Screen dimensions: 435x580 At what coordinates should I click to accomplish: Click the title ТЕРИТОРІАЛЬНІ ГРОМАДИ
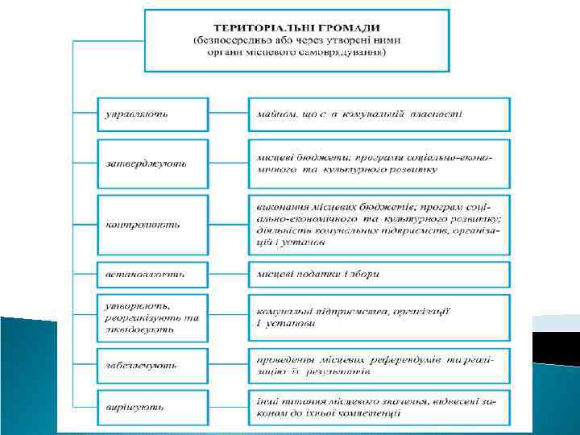pos(296,28)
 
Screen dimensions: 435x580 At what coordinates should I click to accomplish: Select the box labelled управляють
pos(153,114)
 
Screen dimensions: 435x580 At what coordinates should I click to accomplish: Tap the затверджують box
pos(153,163)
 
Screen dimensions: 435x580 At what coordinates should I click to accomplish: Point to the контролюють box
pos(153,224)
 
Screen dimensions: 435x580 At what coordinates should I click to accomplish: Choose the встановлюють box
pos(153,274)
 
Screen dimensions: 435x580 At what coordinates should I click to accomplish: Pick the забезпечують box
pos(153,365)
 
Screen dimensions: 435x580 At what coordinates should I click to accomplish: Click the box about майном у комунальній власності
pos(379,114)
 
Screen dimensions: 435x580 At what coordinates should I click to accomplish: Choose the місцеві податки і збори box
pos(379,274)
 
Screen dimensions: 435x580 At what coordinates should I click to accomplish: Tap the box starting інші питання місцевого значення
pos(379,407)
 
